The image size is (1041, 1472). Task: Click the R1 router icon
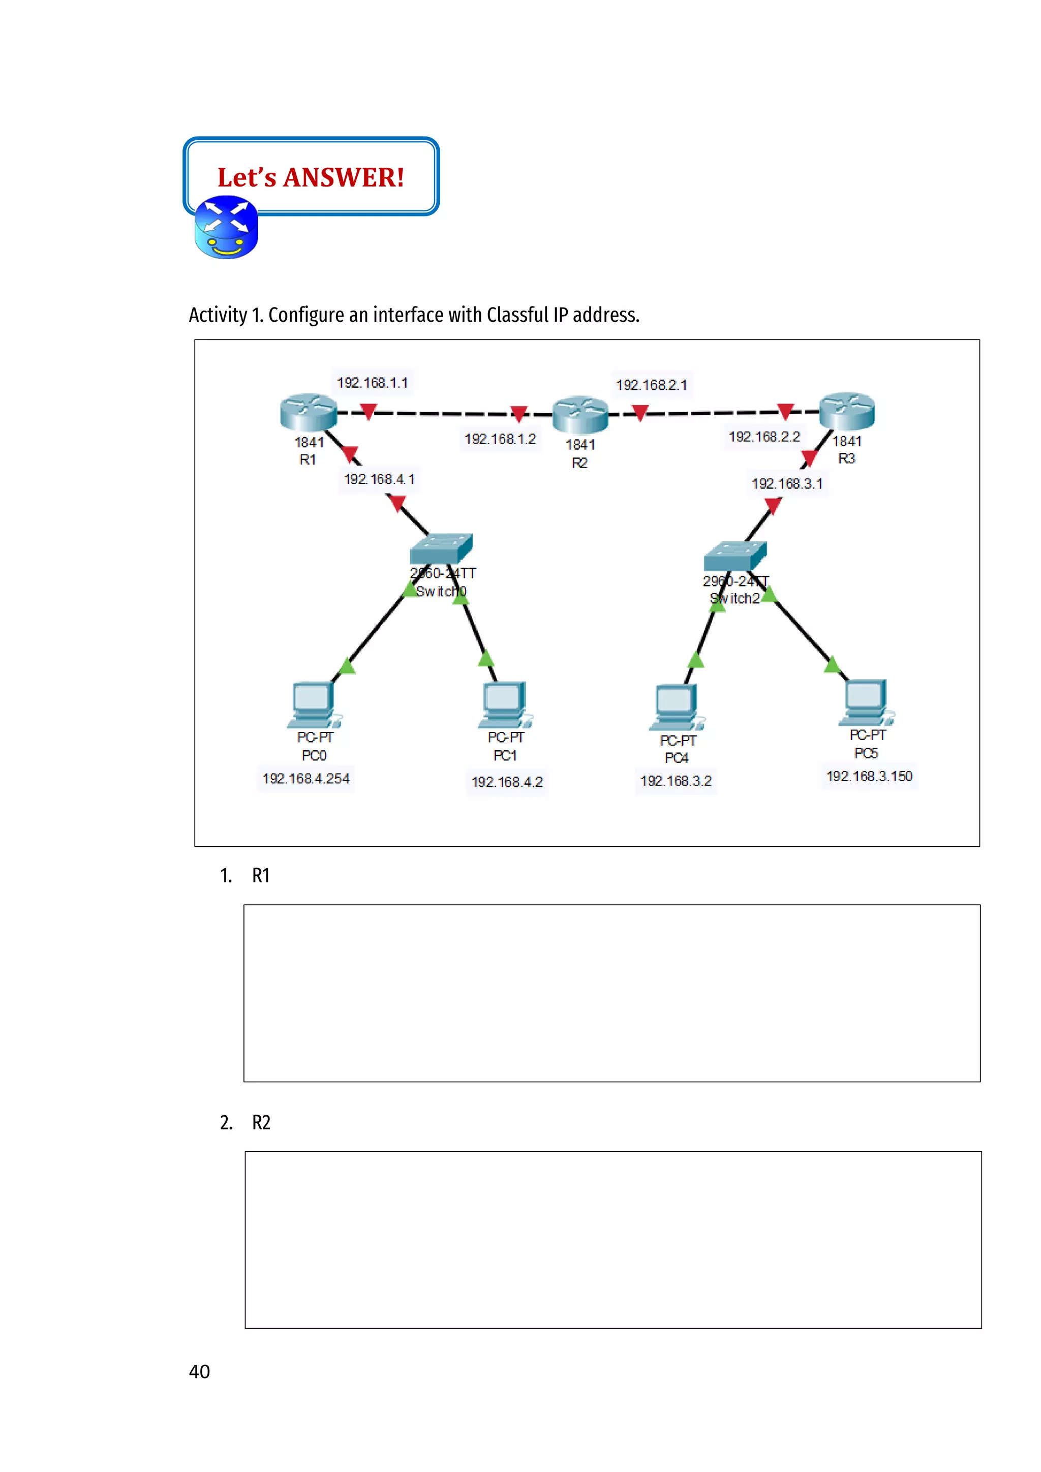309,412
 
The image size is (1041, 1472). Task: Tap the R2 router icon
580,414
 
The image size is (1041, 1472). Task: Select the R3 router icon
847,411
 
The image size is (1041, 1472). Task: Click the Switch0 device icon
441,549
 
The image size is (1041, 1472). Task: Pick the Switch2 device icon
734,556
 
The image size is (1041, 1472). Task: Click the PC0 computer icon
314,704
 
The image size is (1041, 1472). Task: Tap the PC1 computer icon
504,704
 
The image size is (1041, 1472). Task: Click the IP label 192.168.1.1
373,383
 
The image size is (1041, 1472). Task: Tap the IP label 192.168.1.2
500,439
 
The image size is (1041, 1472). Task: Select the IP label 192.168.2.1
651,385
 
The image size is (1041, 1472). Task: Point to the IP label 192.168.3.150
869,776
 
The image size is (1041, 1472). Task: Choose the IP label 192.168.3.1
786,484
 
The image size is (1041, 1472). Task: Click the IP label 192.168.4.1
379,479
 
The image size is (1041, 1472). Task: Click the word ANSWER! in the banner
344,177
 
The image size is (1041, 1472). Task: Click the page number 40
199,1371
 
